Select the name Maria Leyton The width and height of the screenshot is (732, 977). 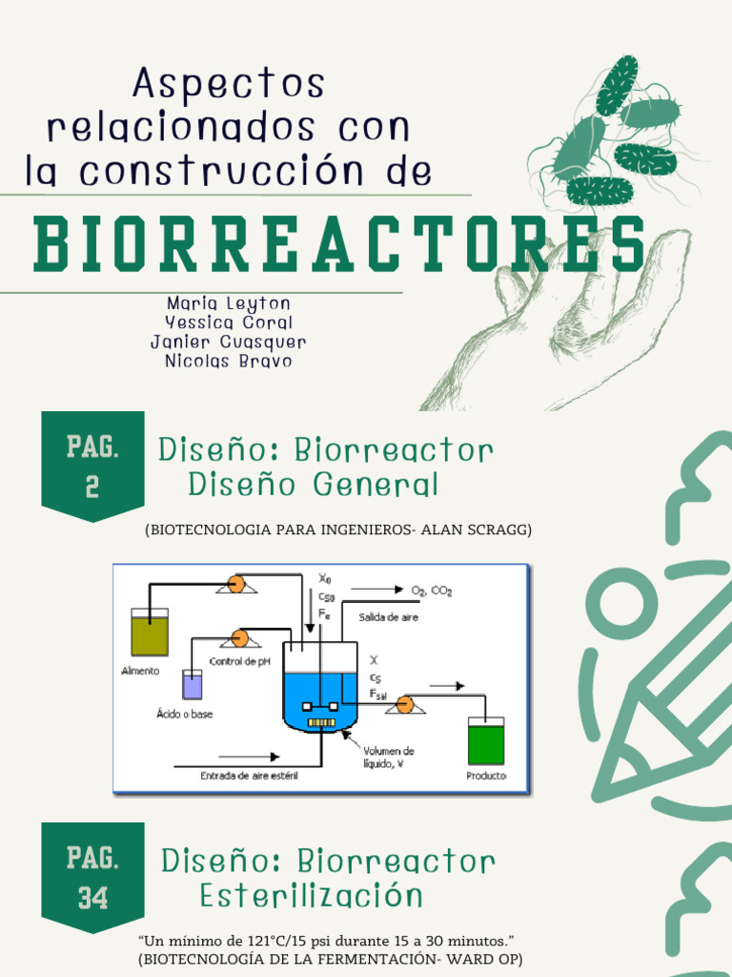pyautogui.click(x=228, y=303)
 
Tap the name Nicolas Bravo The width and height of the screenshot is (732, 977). pyautogui.click(x=228, y=361)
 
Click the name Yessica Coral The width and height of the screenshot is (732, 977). pyautogui.click(x=228, y=322)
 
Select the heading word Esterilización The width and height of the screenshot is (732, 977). pyautogui.click(x=311, y=896)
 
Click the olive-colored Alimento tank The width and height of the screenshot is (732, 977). pyautogui.click(x=150, y=633)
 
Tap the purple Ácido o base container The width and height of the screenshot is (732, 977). pyautogui.click(x=193, y=684)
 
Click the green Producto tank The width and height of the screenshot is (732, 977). pyautogui.click(x=485, y=740)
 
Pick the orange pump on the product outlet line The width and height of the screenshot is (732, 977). pyautogui.click(x=405, y=705)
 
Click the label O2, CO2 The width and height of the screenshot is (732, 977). pyautogui.click(x=431, y=592)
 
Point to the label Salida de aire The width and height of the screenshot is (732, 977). pyautogui.click(x=388, y=617)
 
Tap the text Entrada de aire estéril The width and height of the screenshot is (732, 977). pyautogui.click(x=249, y=776)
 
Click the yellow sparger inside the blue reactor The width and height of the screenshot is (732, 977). pyautogui.click(x=321, y=722)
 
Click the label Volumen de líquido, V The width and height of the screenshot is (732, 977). pyautogui.click(x=388, y=758)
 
